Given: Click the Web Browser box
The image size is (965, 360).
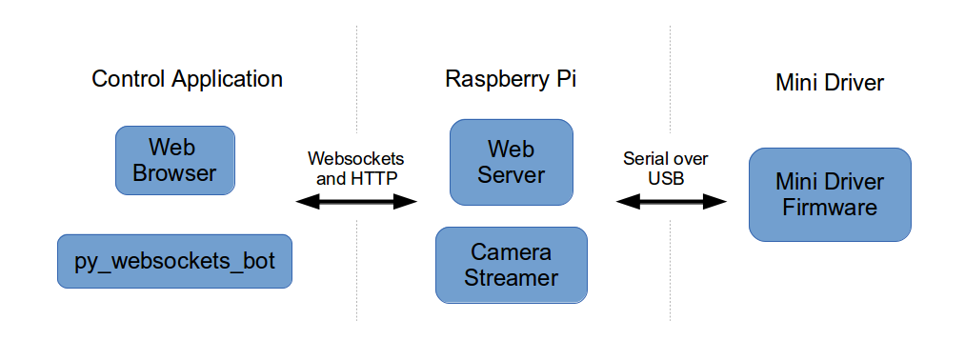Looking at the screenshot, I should coord(174,160).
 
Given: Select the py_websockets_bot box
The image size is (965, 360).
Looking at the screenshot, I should coord(174,261).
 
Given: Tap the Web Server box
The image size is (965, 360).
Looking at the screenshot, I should coord(512,162).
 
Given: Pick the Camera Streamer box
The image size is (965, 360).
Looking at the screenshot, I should coord(512,265).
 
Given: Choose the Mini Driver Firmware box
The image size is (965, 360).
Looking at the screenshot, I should coord(830,194).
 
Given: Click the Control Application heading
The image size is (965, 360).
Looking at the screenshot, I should coord(187,79).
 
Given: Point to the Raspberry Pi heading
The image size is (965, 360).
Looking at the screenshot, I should coord(511,79).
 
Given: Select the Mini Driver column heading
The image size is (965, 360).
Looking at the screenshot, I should coord(830,83).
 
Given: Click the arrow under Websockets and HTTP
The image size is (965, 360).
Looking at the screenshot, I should coord(357,201).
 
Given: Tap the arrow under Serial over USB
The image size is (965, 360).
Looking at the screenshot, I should coord(671,201).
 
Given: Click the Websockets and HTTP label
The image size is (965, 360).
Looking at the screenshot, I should coord(356,168).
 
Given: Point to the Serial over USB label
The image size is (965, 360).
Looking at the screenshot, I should coord(666,168).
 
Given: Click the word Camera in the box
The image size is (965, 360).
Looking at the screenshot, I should coord(512,252).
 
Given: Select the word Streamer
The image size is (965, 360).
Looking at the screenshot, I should coord(512,278).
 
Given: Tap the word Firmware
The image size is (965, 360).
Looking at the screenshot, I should coord(830,208).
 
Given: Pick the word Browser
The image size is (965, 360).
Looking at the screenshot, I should coord(174,173).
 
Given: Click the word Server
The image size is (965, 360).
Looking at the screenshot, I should coord(512,175).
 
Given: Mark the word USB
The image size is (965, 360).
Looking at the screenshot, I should coord(666,177).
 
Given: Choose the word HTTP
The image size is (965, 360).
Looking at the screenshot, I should coord(375,177).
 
